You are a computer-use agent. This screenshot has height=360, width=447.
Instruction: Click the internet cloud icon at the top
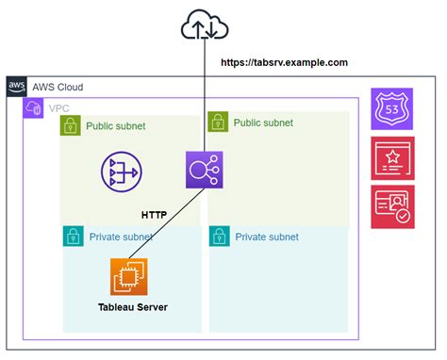point(204,26)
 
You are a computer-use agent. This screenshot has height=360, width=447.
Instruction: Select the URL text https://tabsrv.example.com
point(284,62)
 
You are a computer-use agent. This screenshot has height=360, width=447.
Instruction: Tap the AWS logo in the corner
point(17,87)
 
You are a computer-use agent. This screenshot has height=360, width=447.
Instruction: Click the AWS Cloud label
point(58,87)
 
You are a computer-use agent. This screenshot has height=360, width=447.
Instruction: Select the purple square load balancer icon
point(204,170)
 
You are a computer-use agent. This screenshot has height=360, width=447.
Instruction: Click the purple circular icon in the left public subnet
point(123,170)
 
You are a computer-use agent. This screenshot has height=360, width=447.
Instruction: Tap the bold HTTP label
point(155,215)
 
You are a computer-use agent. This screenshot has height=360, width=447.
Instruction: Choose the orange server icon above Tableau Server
point(129,277)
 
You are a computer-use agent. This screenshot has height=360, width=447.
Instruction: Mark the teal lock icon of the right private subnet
point(218,237)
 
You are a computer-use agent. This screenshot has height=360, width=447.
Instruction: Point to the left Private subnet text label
point(121,237)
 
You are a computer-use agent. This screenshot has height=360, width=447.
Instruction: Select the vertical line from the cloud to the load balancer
point(204,104)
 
